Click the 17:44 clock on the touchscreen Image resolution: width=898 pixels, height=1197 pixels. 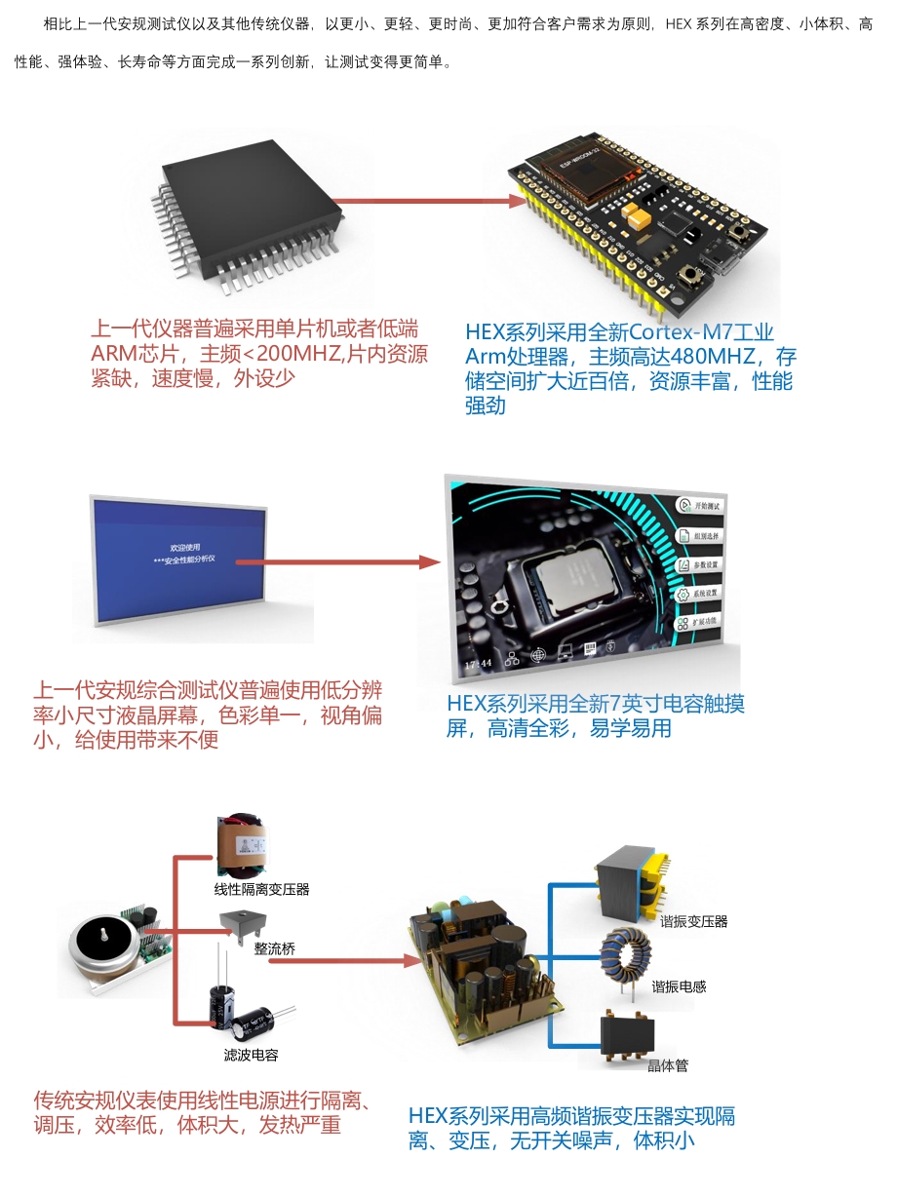coord(478,663)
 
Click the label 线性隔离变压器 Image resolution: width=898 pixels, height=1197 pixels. coord(261,889)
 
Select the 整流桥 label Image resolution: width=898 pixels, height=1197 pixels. coord(274,947)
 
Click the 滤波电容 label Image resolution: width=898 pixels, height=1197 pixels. coord(251,1055)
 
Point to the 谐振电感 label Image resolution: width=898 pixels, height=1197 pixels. coord(679,986)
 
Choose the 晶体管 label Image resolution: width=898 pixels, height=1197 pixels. coord(668,1065)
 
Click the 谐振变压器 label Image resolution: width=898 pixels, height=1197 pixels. coord(693,921)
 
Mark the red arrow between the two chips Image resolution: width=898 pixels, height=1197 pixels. coord(429,202)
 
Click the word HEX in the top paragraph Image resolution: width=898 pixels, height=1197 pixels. coord(680,23)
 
